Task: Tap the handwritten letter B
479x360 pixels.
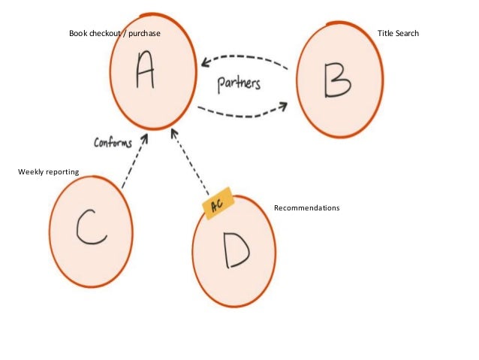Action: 337,80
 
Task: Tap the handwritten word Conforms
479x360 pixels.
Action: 112,141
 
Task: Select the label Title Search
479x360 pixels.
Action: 398,33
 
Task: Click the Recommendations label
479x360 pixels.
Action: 306,207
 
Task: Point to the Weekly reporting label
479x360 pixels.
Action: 48,173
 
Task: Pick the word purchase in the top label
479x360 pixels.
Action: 144,33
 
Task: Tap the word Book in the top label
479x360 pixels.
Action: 78,33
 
